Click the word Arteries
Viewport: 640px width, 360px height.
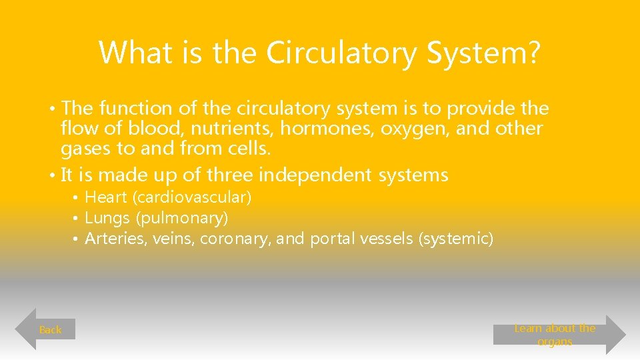tap(114, 239)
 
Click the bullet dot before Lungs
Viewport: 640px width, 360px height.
tap(77, 219)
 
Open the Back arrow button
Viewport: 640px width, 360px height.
tap(46, 329)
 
